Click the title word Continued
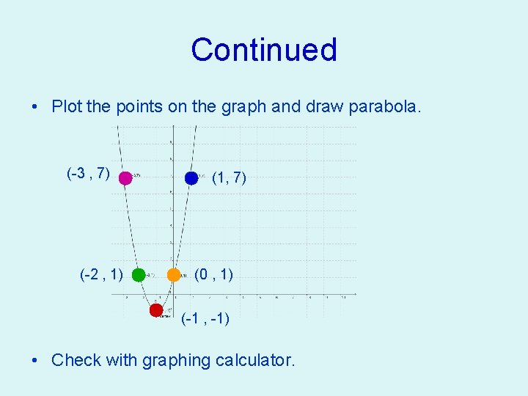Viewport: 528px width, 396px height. click(x=264, y=50)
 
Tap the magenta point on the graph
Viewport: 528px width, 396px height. click(x=125, y=177)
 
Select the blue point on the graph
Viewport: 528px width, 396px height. click(x=191, y=177)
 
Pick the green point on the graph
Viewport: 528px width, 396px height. click(x=139, y=275)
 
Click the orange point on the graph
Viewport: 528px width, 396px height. click(x=174, y=275)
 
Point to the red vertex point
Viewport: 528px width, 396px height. click(x=156, y=310)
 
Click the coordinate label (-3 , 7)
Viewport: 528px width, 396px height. click(x=88, y=174)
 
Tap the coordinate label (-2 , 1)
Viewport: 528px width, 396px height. click(x=101, y=275)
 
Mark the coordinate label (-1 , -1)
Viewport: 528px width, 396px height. click(x=205, y=319)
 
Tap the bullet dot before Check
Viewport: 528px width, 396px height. click(x=35, y=361)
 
